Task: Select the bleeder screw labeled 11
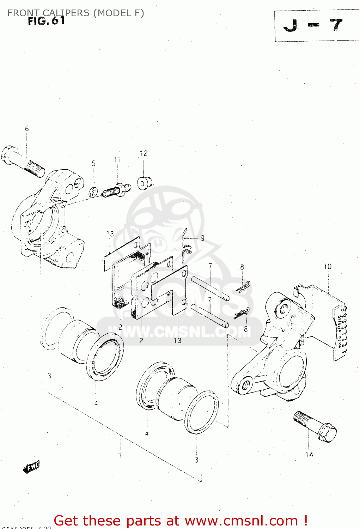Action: (x=116, y=190)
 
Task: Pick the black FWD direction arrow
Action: (x=31, y=467)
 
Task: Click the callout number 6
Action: (x=27, y=129)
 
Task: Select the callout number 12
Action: (x=143, y=153)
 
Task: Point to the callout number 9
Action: (x=202, y=238)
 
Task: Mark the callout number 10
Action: (x=328, y=267)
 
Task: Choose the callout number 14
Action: (x=309, y=455)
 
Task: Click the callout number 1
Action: (x=120, y=455)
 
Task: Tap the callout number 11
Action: (x=117, y=160)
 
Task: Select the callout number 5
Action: (x=94, y=163)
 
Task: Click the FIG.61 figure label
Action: (x=47, y=21)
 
